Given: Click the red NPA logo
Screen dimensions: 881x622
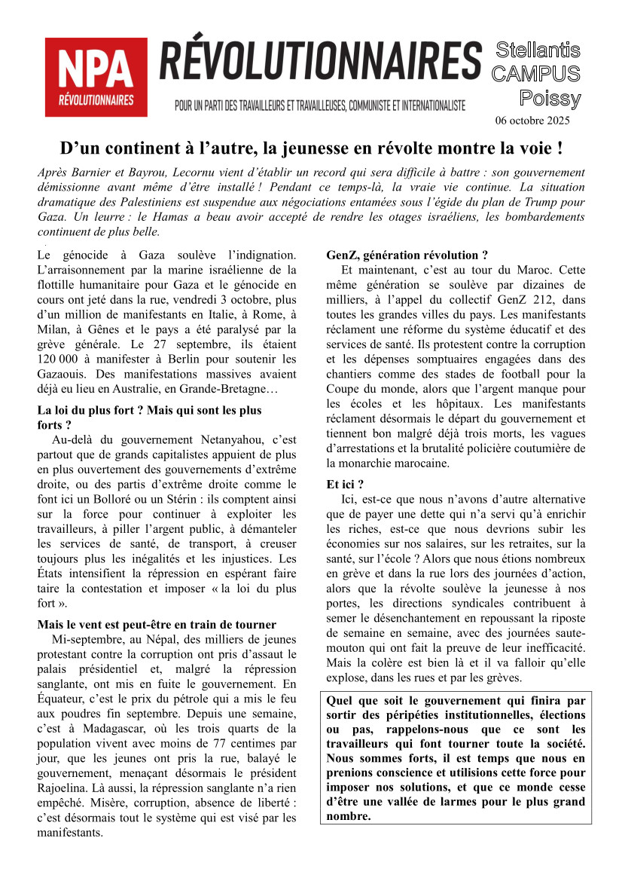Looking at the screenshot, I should point(96,77).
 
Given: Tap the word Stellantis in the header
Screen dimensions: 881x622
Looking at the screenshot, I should point(538,50).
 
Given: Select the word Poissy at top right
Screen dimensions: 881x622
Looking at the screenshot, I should point(550,99).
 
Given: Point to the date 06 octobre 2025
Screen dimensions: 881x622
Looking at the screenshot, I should point(532,121).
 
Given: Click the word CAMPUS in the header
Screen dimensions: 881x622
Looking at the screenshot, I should point(535,74).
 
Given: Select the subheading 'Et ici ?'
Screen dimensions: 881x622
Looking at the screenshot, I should point(345,485).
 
